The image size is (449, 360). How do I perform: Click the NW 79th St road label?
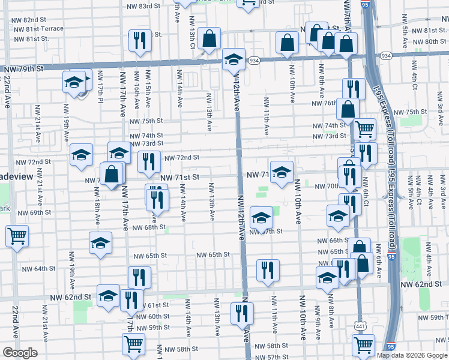click(23, 69)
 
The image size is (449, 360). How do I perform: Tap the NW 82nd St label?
click(28, 20)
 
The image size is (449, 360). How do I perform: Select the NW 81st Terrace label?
click(37, 29)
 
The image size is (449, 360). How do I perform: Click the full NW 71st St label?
click(179, 178)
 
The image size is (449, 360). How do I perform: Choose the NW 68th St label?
click(149, 227)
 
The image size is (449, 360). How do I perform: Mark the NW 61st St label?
click(150, 306)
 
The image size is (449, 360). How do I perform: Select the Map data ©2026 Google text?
click(412, 355)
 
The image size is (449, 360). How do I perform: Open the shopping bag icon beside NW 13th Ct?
click(209, 40)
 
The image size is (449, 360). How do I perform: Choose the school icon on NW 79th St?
click(234, 60)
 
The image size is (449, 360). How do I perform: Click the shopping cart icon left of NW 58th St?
click(133, 344)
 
